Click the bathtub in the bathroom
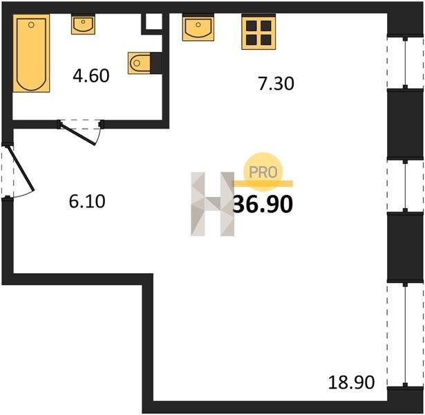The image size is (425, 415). (31, 53)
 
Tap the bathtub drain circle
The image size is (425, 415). (31, 25)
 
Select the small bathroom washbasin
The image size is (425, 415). (83, 25)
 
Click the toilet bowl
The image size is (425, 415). (140, 63)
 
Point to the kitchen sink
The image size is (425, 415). (198, 28)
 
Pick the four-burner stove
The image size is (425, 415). (258, 33)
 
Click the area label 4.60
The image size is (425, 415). (91, 75)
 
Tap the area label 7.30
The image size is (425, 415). (276, 84)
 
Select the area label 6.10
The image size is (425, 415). (87, 201)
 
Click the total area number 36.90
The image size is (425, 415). (263, 204)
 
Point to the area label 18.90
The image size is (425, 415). (352, 382)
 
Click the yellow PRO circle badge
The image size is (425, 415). (263, 172)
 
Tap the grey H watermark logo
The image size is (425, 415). (213, 204)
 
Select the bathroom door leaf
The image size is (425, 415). (78, 133)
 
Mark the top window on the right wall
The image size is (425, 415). (405, 63)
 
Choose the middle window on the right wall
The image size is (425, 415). (405, 186)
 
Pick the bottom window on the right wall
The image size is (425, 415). (405, 335)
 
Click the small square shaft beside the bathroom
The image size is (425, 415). (154, 21)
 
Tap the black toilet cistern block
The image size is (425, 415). (156, 63)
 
